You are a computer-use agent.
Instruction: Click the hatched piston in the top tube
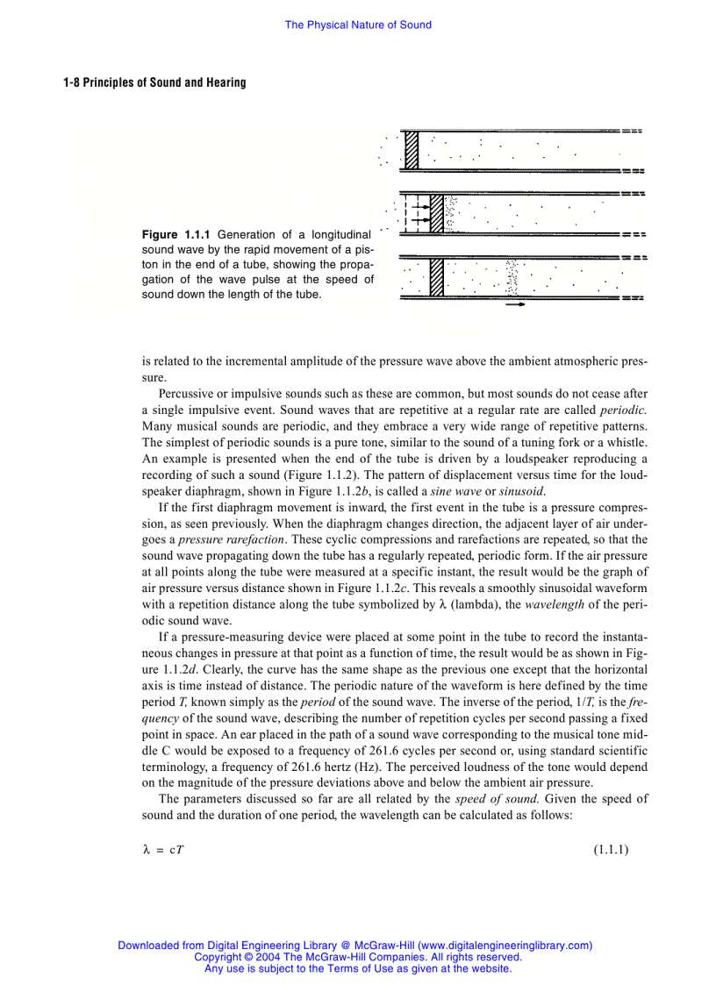pos(411,149)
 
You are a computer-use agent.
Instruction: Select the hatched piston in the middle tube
pos(437,211)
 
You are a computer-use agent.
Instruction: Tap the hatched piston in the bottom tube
pos(436,276)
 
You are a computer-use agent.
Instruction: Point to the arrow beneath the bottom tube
pos(516,304)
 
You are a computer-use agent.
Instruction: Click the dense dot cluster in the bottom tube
pos(512,277)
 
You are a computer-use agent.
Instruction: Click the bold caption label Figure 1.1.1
pos(175,235)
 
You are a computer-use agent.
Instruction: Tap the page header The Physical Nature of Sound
pos(358,25)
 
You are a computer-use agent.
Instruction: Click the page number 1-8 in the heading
pos(71,82)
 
